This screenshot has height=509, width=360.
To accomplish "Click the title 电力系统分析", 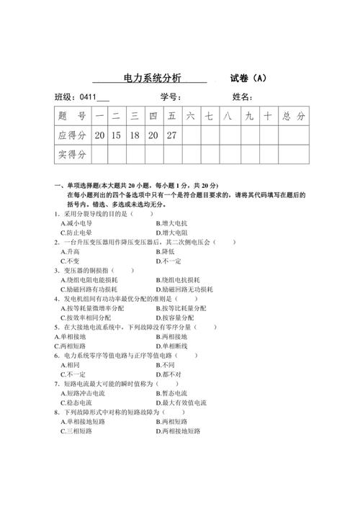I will click(153, 78).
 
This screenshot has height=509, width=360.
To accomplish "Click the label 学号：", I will click(169, 98).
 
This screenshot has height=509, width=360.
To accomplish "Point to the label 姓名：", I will click(242, 98).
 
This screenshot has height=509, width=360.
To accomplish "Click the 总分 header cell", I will click(294, 116).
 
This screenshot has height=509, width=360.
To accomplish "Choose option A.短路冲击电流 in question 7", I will click(86, 393).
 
